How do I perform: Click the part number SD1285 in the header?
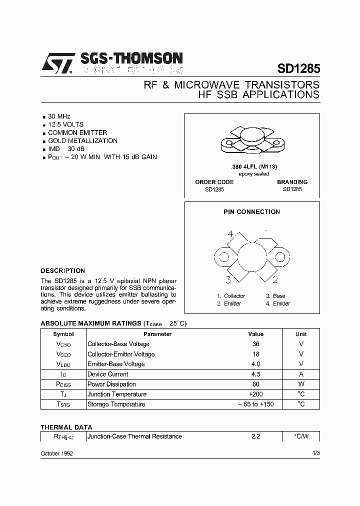click(x=298, y=68)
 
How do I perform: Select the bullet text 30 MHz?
click(x=59, y=116)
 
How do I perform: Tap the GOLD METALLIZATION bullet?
click(x=82, y=140)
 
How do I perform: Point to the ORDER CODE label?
click(x=214, y=182)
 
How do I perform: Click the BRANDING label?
click(x=292, y=182)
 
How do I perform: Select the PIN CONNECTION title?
click(x=251, y=211)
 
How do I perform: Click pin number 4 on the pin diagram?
click(x=230, y=233)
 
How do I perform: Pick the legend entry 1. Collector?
click(x=231, y=296)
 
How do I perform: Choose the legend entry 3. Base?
click(x=275, y=296)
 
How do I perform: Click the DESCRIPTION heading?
click(x=62, y=270)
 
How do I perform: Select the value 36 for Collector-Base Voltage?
click(x=255, y=344)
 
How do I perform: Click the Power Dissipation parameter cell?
click(x=111, y=384)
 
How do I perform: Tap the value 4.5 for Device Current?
click(x=255, y=374)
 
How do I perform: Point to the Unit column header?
click(x=301, y=334)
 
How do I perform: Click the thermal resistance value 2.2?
click(x=255, y=436)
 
